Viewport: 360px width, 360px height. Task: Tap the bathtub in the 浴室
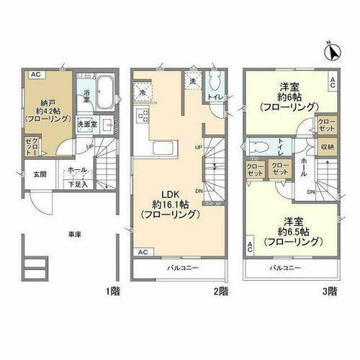(x=105, y=90)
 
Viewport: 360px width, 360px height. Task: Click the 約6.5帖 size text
(x=286, y=231)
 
